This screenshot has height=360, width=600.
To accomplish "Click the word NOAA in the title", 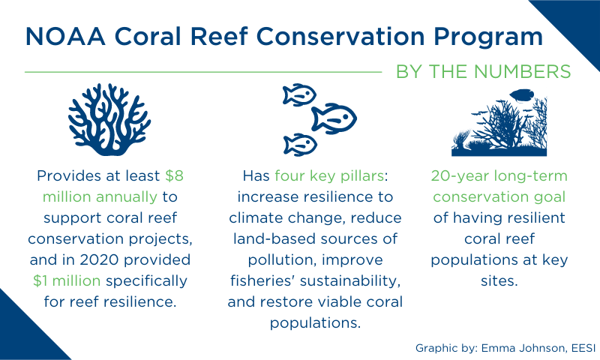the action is [x=65, y=36].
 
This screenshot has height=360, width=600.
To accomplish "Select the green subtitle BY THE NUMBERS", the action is [x=483, y=71].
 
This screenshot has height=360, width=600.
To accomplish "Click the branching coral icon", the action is [x=109, y=119].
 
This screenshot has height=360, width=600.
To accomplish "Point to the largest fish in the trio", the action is [x=334, y=118].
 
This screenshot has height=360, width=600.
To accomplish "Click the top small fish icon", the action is [x=299, y=94].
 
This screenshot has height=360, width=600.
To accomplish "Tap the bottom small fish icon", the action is [x=300, y=145].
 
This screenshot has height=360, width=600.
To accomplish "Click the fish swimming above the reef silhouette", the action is [x=521, y=95].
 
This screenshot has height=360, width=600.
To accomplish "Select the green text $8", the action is [x=175, y=175].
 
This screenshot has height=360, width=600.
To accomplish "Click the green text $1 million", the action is [x=67, y=280].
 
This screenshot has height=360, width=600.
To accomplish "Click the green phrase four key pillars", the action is [x=329, y=176].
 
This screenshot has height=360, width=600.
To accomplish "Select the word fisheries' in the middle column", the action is [x=262, y=280].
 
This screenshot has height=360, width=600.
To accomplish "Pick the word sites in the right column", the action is [x=498, y=280].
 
